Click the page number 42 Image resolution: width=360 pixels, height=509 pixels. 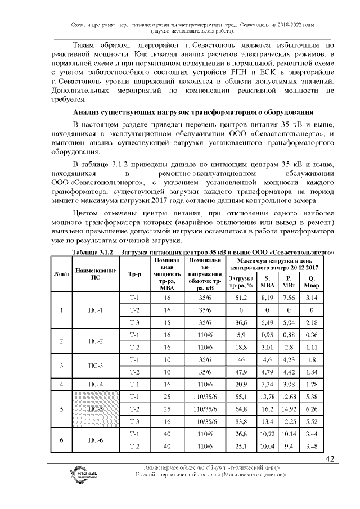click(330, 459)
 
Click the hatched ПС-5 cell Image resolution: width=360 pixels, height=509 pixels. click(96, 408)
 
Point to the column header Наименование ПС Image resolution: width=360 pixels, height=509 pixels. click(96, 275)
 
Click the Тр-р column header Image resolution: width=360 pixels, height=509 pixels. click(134, 275)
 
